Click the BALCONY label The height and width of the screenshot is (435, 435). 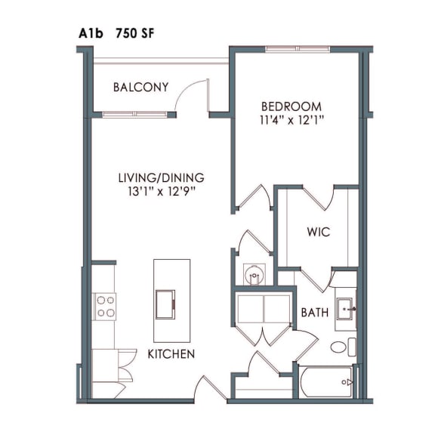140,88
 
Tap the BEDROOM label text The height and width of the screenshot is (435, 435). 291,106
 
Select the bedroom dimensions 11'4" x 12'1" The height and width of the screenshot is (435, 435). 291,120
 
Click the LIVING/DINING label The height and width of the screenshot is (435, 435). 161,178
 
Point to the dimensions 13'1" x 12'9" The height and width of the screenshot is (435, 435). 161,192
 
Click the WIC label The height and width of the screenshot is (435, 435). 318,232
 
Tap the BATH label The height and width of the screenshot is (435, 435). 314,312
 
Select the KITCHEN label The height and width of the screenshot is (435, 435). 171,354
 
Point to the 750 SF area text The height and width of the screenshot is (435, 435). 136,33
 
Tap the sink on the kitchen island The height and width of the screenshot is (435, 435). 164,305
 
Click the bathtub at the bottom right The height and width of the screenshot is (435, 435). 326,382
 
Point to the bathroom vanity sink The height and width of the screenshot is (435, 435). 347,307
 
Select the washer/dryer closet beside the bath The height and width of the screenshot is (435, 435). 262,310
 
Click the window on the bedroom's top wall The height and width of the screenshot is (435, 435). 298,50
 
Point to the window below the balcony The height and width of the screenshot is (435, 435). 128,114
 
